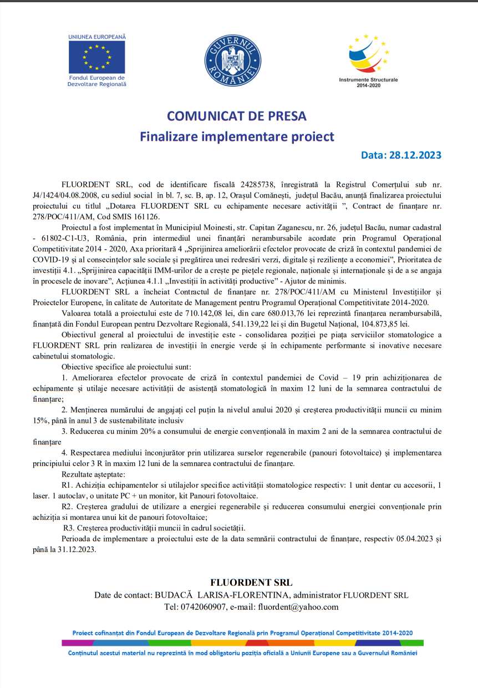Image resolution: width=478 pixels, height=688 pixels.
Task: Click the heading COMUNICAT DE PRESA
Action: [237, 116]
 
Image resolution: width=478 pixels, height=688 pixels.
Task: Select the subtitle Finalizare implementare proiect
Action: [237, 136]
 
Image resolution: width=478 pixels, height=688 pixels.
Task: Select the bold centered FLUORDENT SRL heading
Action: [251, 583]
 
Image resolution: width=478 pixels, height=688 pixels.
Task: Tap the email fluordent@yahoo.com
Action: [298, 607]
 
